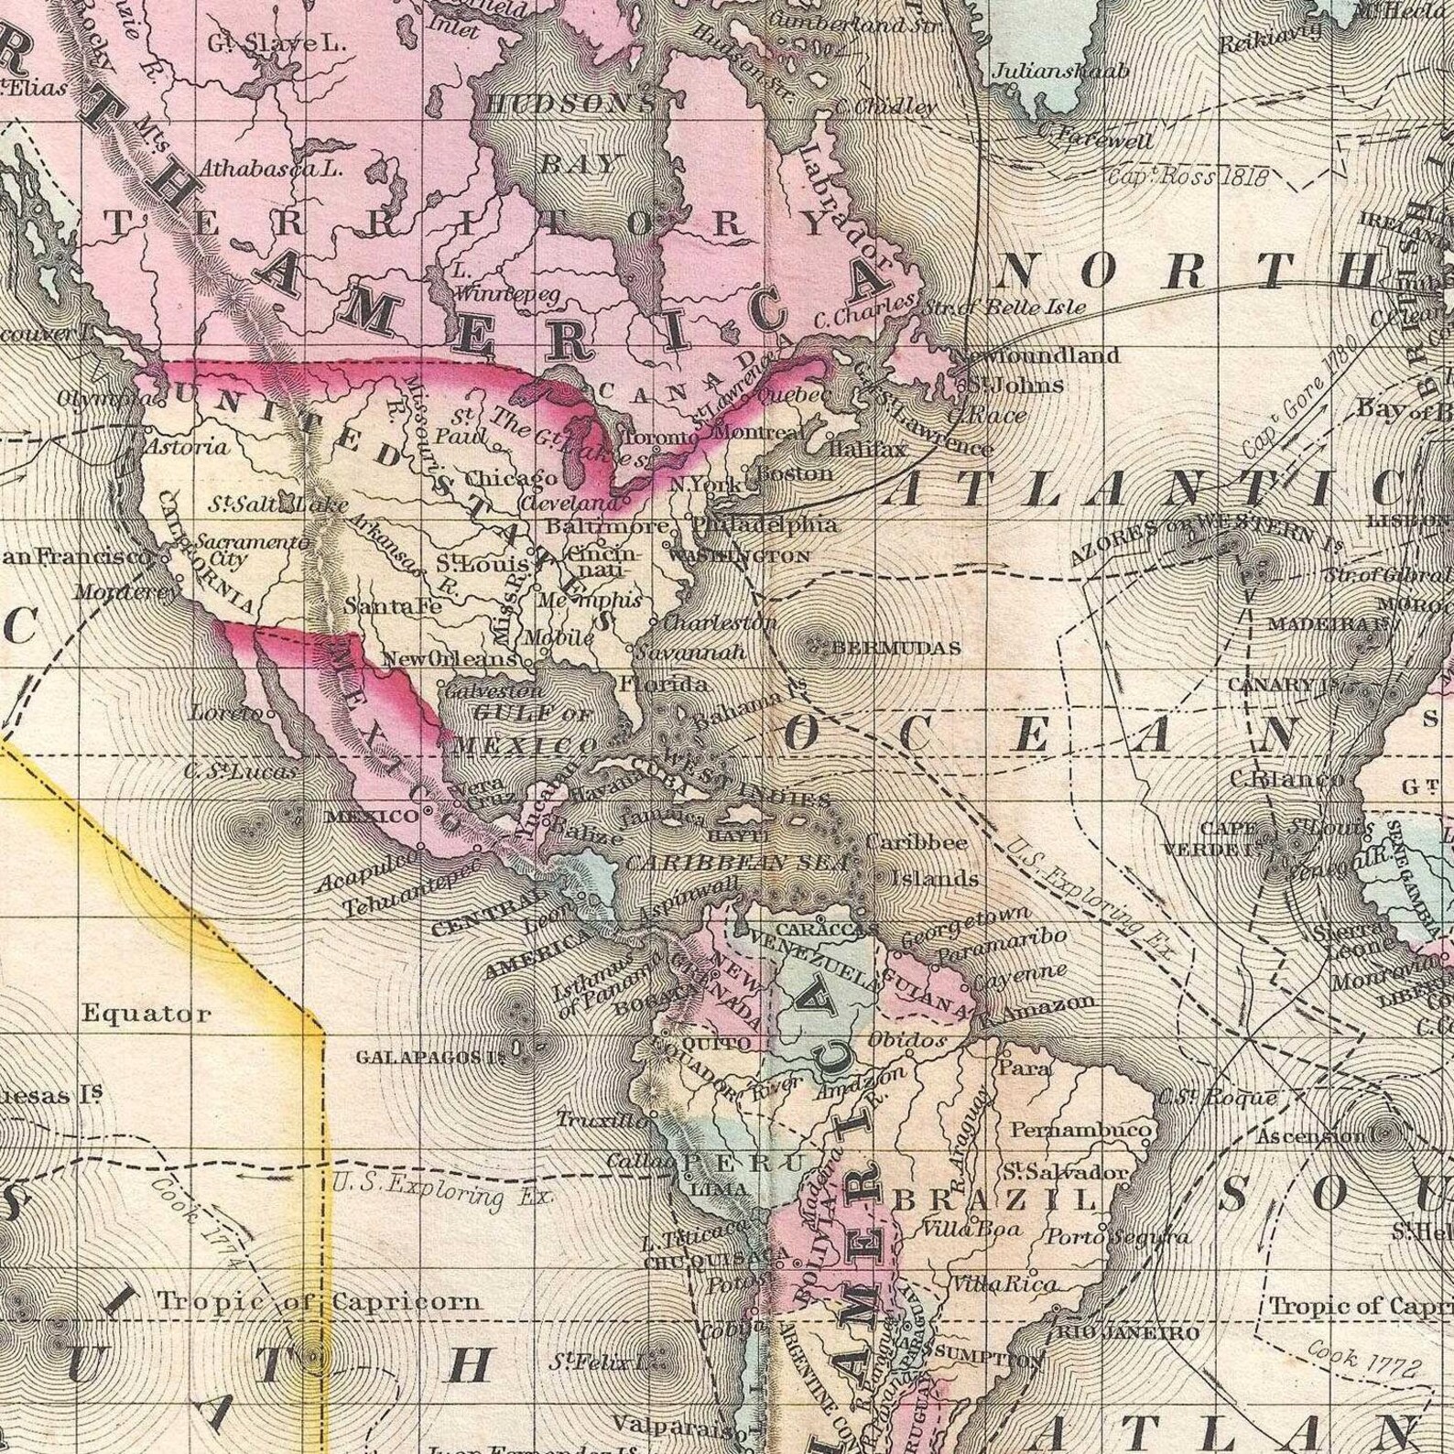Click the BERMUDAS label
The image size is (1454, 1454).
tap(896, 648)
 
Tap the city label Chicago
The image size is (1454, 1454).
tap(511, 479)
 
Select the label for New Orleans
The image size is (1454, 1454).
tap(450, 658)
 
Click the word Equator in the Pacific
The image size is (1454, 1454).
tap(146, 1014)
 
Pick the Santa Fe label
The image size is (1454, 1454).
tap(393, 606)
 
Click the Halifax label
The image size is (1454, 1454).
tap(867, 449)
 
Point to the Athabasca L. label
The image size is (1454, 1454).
tap(270, 168)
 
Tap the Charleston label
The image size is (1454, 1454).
tap(719, 623)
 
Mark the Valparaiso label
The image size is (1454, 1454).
tap(673, 1425)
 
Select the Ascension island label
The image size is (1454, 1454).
tap(1309, 1136)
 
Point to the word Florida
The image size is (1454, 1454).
tap(663, 684)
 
